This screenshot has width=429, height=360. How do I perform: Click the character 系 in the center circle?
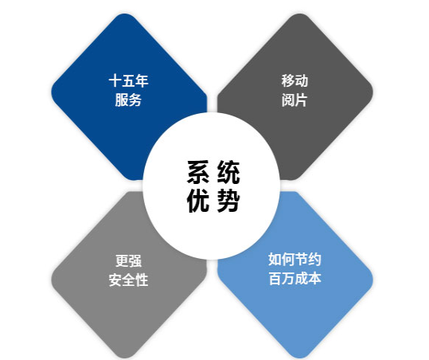click(199, 172)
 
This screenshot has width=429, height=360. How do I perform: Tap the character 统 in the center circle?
click(228, 172)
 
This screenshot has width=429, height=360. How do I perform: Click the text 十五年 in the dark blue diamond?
click(129, 81)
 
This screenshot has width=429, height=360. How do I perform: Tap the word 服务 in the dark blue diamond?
click(128, 100)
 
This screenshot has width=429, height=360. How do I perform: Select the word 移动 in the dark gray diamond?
click(294, 81)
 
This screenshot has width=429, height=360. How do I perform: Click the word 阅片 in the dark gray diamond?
click(294, 100)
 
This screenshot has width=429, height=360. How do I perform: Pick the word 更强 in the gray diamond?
click(128, 261)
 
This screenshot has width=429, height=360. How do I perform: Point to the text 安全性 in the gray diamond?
click(129, 280)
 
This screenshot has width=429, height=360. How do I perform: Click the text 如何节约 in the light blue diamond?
click(294, 260)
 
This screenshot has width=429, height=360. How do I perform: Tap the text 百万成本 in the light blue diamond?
click(294, 279)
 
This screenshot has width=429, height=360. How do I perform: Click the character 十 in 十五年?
click(115, 81)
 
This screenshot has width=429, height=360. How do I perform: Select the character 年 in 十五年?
click(142, 81)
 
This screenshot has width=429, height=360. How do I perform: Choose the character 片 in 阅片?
click(301, 100)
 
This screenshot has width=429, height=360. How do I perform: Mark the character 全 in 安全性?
click(129, 280)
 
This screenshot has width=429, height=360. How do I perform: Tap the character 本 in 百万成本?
click(314, 279)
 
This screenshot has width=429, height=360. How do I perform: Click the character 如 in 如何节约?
click(275, 260)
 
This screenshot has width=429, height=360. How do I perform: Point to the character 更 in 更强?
click(122, 261)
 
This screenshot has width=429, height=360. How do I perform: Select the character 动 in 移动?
click(302, 81)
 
